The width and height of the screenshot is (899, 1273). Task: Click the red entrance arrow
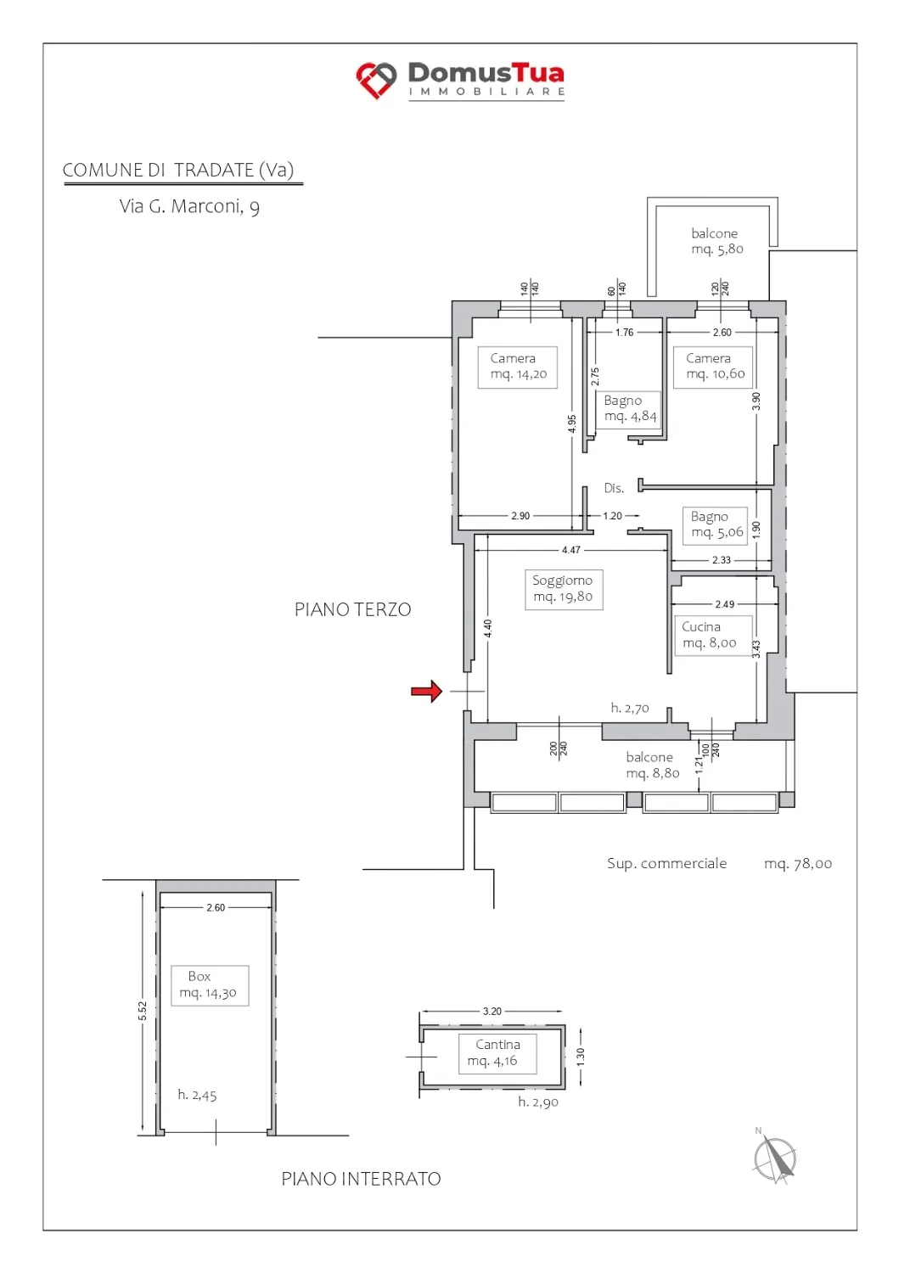pos(426,691)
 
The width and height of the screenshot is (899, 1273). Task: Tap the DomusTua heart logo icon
pos(376,80)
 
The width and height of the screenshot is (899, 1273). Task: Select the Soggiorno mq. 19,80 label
pos(563,589)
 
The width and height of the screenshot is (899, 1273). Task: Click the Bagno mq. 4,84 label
pos(630,408)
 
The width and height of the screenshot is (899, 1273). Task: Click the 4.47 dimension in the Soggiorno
pos(571,550)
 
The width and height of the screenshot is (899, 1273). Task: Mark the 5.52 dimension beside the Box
pos(142,1011)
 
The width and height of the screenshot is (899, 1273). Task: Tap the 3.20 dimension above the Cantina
pos(492,1011)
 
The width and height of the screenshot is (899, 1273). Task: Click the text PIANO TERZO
pos(352,609)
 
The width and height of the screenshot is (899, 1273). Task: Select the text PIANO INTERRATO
pos(361,1179)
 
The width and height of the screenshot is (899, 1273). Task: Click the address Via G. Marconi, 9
pos(189,206)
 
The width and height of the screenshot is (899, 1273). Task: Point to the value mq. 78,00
pos(798,864)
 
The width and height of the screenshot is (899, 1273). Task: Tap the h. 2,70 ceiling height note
pos(630,708)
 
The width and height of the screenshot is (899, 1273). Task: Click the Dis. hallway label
pos(614,488)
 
